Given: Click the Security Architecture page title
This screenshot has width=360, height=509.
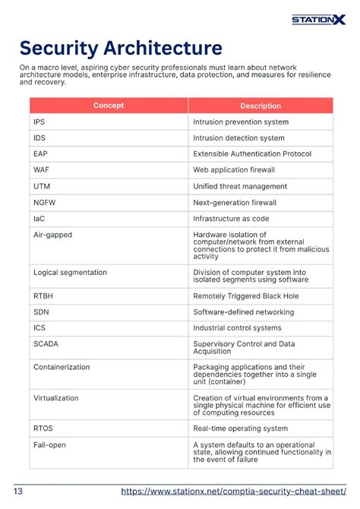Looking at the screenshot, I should click(x=121, y=49).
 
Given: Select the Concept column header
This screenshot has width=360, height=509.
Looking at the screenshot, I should click(x=109, y=106).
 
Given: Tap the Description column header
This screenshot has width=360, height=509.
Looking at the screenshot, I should click(x=261, y=106).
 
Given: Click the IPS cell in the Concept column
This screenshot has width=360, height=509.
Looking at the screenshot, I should click(x=39, y=122).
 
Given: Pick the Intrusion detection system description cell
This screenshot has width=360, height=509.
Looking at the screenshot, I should click(x=239, y=138).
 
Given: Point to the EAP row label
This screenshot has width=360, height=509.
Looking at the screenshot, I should click(x=40, y=154).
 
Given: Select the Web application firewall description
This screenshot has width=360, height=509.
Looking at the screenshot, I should click(x=234, y=170).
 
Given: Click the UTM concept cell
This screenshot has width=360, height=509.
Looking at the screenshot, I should click(x=42, y=186).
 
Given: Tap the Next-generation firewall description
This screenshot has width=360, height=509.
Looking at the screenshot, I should click(x=235, y=203).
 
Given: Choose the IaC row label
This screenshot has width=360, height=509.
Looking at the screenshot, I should click(x=39, y=219).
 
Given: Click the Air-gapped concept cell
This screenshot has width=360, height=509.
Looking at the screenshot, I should click(x=52, y=235).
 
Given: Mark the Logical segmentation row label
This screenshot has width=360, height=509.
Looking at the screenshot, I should click(x=70, y=272).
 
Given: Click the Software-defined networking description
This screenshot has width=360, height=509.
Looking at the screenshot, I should click(x=243, y=312).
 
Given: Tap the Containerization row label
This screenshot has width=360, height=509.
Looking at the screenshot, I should click(x=62, y=367).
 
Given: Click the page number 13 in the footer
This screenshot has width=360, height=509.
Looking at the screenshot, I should click(x=18, y=492).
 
